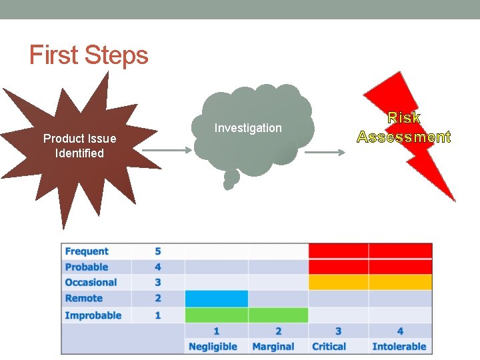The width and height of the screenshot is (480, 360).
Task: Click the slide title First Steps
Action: [x=89, y=55]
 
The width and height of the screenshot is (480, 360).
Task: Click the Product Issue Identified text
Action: [x=79, y=146]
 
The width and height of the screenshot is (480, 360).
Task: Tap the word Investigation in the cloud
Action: [x=248, y=128]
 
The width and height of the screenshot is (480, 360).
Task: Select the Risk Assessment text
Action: [x=404, y=128]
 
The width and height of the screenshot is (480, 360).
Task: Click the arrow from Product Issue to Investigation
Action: [x=166, y=151]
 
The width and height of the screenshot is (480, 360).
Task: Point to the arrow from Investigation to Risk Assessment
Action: [x=325, y=153]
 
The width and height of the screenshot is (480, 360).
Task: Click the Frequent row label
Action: [x=87, y=251]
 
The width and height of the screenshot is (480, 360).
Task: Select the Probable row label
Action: [x=87, y=267]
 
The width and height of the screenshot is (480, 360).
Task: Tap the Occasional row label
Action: [x=91, y=283]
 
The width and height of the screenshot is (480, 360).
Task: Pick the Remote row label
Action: [x=84, y=299]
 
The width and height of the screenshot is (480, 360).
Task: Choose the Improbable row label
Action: [x=93, y=315]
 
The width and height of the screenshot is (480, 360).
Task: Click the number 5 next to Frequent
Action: [x=158, y=251]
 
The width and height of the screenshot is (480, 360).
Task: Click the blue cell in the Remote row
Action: [x=216, y=299]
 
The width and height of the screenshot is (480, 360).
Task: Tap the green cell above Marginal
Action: [x=278, y=315]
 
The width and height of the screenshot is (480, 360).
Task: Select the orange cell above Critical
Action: [x=338, y=283]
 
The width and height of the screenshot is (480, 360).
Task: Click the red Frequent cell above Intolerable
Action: [x=400, y=251]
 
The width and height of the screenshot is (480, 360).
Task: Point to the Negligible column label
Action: [x=213, y=347]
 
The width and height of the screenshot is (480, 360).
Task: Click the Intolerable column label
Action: [x=399, y=347]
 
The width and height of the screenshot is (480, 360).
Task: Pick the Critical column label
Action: [x=329, y=347]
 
